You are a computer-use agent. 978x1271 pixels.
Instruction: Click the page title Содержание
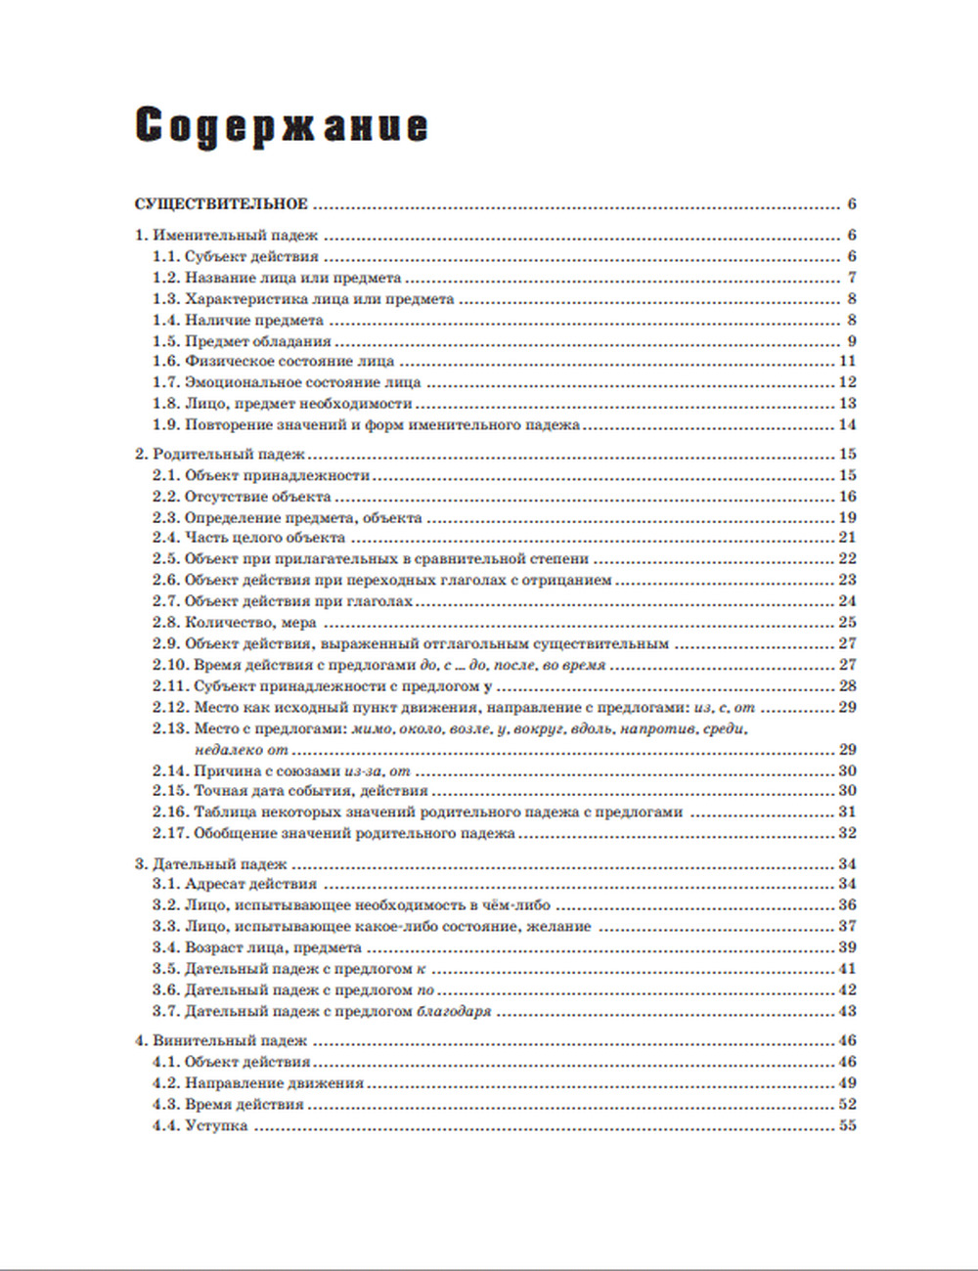[281, 127]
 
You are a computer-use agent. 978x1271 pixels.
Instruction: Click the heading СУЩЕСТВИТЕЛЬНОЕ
[221, 204]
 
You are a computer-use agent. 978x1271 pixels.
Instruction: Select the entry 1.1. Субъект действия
[236, 257]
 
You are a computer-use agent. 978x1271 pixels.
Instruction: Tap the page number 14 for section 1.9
[847, 425]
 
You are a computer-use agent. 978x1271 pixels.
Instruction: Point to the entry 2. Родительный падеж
[220, 455]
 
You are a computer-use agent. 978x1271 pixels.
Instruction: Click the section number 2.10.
[169, 665]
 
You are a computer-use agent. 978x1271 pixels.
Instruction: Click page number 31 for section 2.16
[847, 812]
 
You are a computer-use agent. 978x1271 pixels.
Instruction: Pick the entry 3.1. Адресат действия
[235, 885]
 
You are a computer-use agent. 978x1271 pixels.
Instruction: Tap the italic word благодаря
[454, 1012]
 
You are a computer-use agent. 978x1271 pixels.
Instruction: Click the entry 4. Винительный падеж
[221, 1041]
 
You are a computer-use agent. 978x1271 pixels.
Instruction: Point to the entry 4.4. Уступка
[200, 1126]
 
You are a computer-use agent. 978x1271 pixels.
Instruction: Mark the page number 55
[847, 1126]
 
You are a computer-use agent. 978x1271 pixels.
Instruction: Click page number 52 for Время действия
[847, 1105]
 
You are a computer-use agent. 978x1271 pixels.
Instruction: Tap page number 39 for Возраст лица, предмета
[847, 947]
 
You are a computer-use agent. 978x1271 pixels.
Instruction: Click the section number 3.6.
[165, 990]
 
